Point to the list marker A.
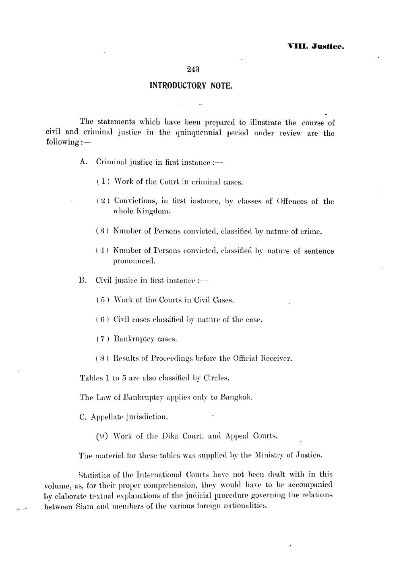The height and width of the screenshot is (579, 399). point(83,162)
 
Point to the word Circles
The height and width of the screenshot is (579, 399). point(216,378)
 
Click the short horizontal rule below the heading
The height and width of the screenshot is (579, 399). point(190,104)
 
